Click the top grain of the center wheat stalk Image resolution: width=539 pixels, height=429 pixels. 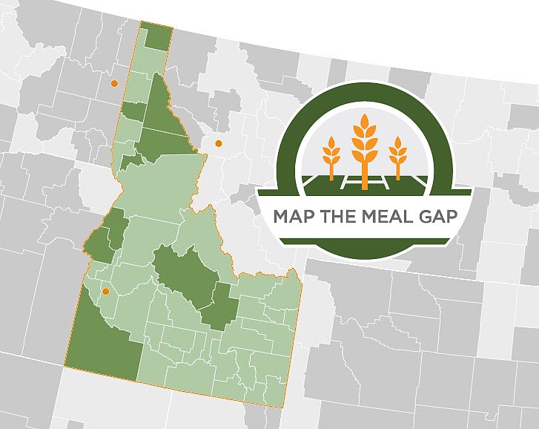pyautogui.click(x=364, y=121)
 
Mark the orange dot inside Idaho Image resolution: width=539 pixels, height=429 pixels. pyautogui.click(x=106, y=292)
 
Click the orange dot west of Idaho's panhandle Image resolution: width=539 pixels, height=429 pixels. pyautogui.click(x=113, y=84)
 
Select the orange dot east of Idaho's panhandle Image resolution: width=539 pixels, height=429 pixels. pyautogui.click(x=218, y=143)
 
